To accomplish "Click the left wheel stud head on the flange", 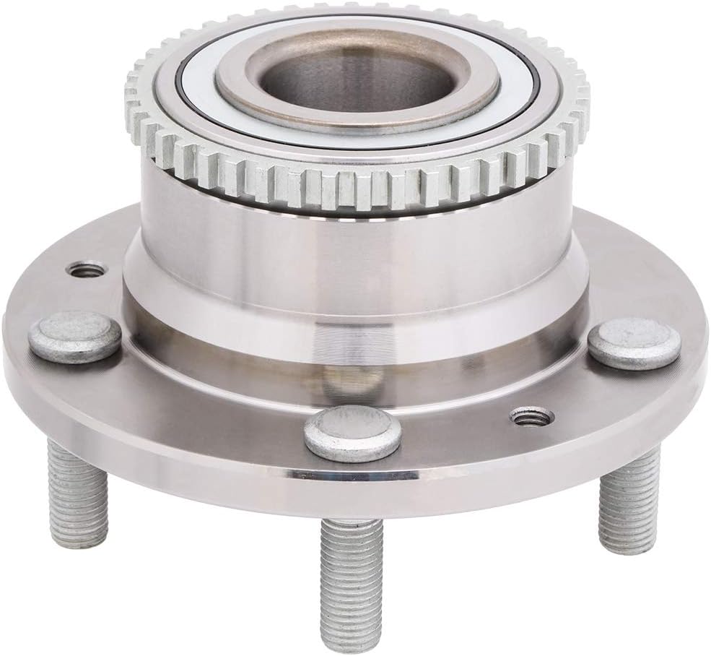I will point(74,336).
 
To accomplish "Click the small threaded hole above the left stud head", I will point(85,270).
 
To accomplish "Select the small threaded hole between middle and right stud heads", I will point(531,416).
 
